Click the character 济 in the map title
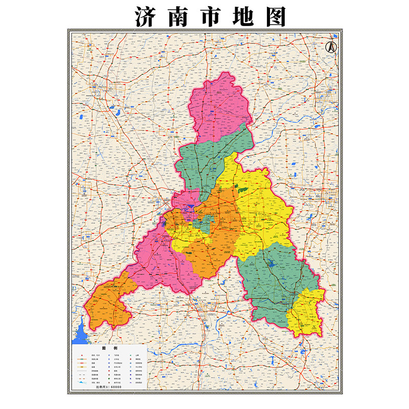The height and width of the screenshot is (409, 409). point(145,16)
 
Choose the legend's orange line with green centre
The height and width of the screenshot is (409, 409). point(82,359)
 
